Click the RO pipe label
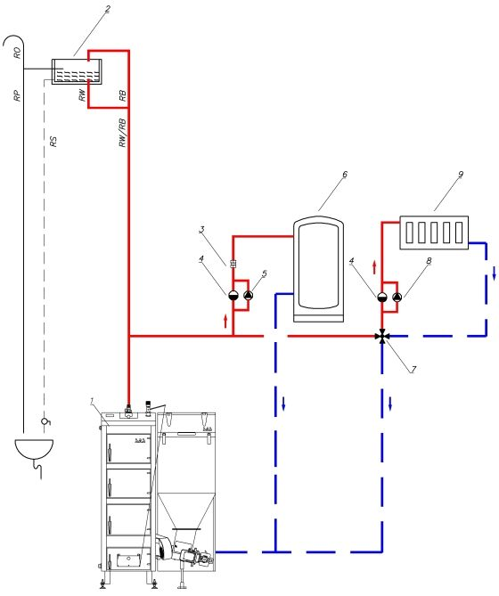(18, 53)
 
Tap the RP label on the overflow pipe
(17, 96)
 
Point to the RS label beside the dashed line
(53, 142)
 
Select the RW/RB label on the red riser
(122, 133)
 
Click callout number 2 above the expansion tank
(108, 10)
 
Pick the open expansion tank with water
(77, 71)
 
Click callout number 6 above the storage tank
(345, 175)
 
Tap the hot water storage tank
(318, 269)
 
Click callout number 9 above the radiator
(461, 175)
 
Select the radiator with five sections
(434, 233)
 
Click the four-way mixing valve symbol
(382, 337)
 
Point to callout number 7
(413, 369)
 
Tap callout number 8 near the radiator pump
(429, 261)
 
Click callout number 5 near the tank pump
(265, 274)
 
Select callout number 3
(202, 230)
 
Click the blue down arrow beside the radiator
(494, 274)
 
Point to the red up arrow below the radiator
(374, 267)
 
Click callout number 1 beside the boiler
(92, 401)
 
